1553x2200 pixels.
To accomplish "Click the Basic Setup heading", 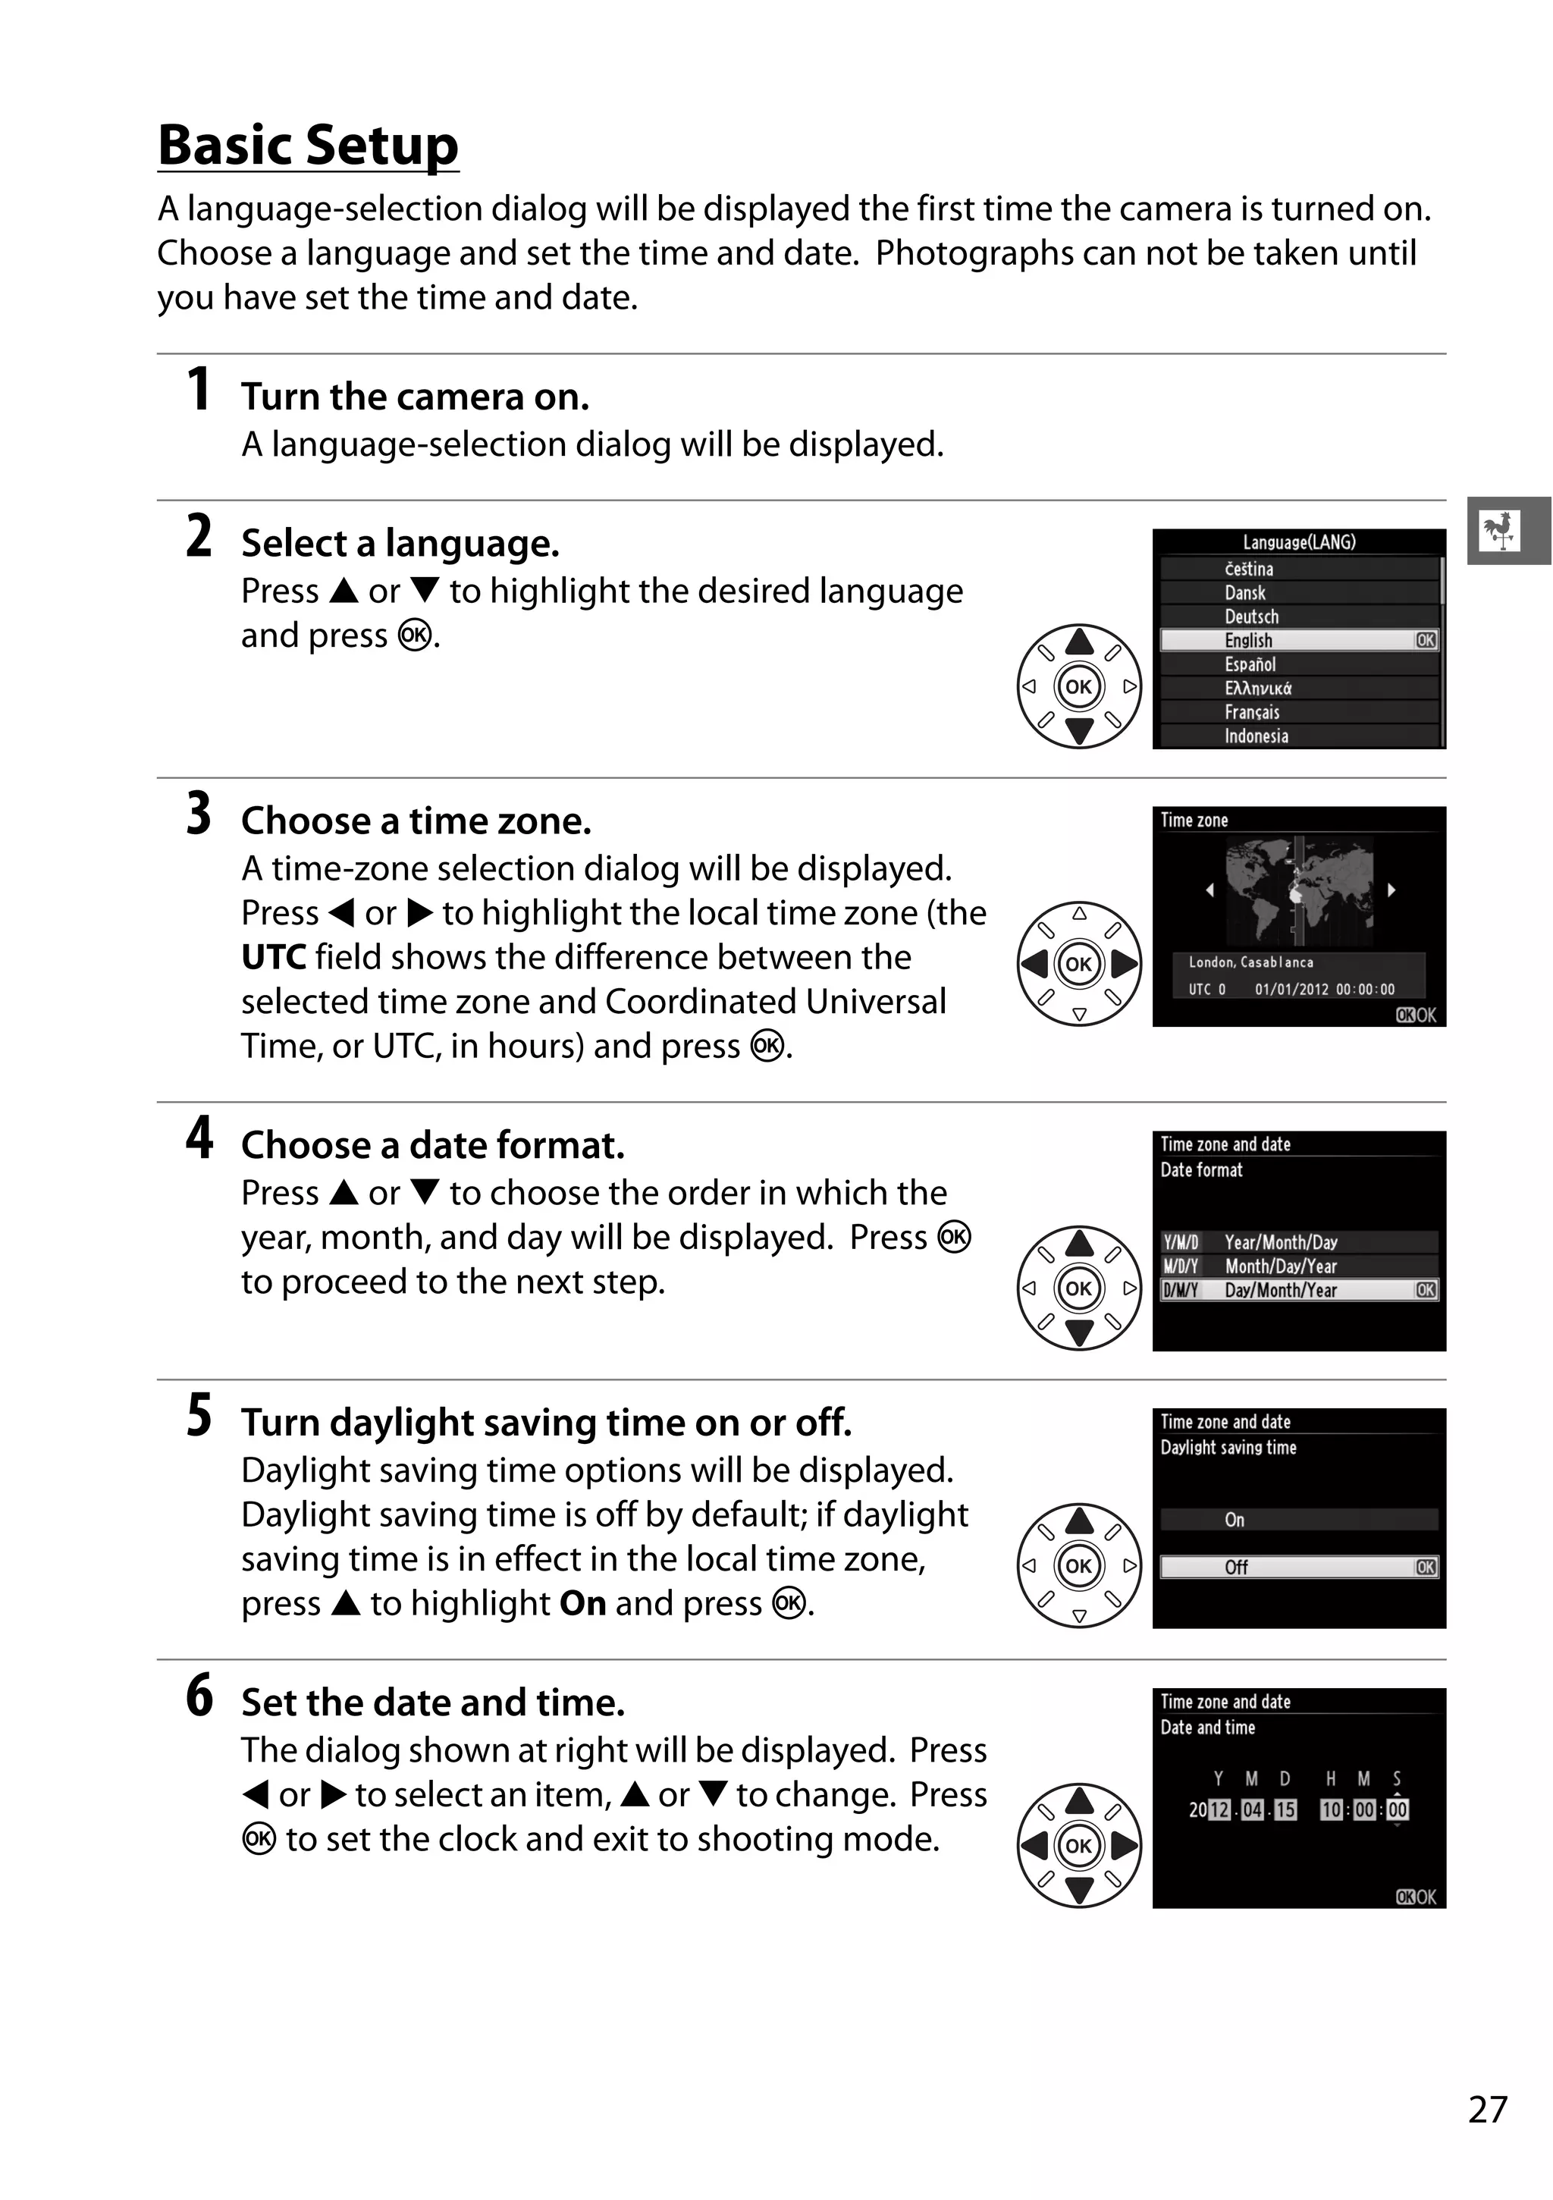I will coord(308,145).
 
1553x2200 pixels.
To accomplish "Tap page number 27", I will coord(1487,2109).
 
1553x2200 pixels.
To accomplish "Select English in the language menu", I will coord(1248,640).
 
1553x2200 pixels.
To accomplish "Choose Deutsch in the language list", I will coord(1251,616).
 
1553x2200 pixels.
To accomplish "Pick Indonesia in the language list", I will coord(1256,736).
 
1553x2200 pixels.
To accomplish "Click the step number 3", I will coord(199,814).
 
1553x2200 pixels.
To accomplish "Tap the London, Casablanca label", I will coord(1250,962).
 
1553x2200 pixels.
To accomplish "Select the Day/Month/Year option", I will coord(1280,1290).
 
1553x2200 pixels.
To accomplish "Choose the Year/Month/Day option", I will coord(1280,1241).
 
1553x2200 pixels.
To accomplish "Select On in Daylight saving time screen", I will coord(1235,1520).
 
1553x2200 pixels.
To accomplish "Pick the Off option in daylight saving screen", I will coord(1236,1567).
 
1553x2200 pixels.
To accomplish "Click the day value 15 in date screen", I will coord(1285,1809).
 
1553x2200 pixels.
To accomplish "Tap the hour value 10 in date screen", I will coord(1331,1809).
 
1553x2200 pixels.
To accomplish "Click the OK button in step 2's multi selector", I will coord(1079,686).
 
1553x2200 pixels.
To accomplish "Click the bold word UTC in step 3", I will coord(273,957).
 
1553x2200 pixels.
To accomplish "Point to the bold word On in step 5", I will coord(582,1603).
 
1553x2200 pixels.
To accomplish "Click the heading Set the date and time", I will coord(433,1703).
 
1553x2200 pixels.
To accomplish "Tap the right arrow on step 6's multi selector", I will coord(1125,1846).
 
